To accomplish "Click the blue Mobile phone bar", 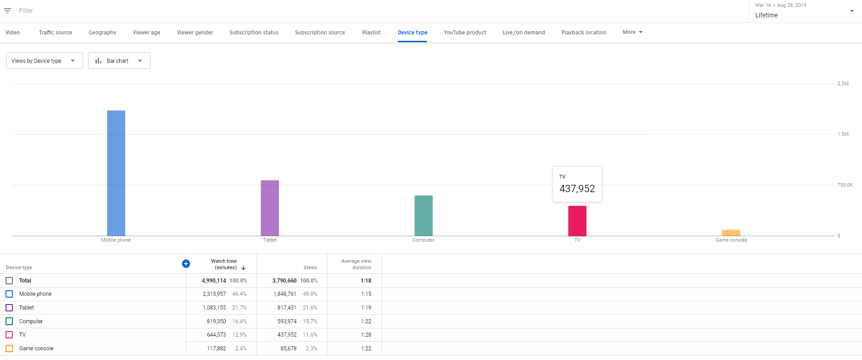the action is [116, 173].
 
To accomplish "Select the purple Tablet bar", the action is [270, 208].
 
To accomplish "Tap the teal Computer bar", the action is [423, 216].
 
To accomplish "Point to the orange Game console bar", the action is [731, 233].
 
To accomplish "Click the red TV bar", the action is [577, 221].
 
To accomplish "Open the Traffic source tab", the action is [56, 33].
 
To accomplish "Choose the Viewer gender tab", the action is [195, 33].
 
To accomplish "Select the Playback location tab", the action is [584, 33].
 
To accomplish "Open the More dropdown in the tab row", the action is [633, 32].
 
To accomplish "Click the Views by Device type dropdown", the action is [44, 61].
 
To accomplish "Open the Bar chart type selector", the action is [119, 61].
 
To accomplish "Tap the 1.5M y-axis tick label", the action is [843, 134].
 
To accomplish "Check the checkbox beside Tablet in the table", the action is [9, 308].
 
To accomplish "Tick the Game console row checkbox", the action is [9, 349].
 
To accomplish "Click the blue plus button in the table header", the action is [186, 263].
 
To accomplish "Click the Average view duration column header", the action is [356, 264].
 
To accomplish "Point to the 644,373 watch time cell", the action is [217, 335].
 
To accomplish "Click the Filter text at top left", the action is [26, 11].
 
